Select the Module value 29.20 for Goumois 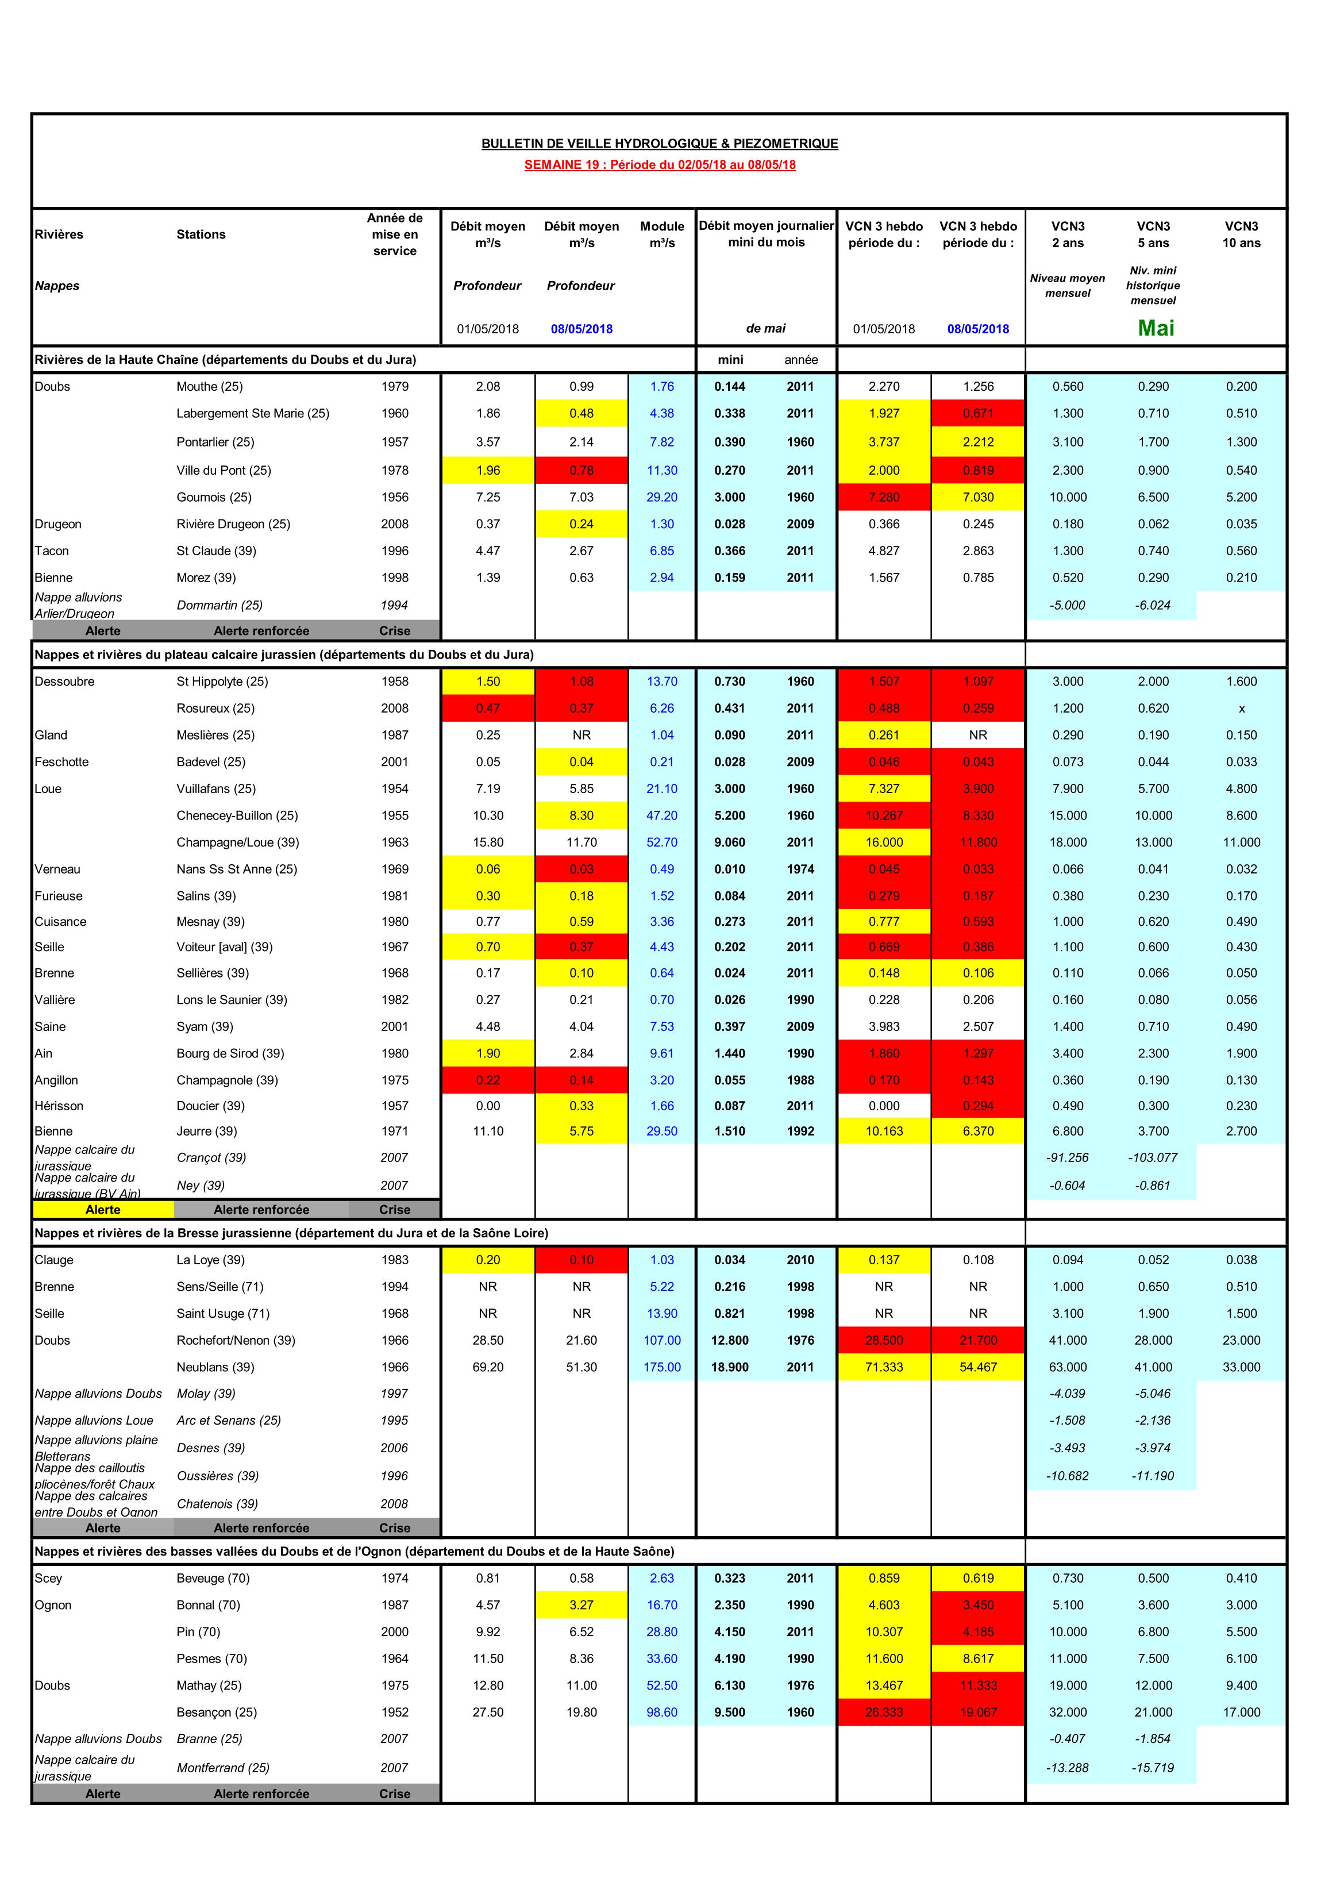tap(661, 497)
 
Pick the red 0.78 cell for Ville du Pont tap(581, 470)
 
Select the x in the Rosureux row tap(1241, 709)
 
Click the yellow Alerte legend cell tap(103, 1210)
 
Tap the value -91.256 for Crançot tap(1068, 1157)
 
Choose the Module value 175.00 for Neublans tap(661, 1367)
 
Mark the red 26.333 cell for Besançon tap(884, 1713)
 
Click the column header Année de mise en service tap(394, 234)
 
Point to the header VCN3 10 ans tap(1241, 234)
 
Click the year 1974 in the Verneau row tap(800, 869)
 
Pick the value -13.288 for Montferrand tap(1068, 1768)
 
